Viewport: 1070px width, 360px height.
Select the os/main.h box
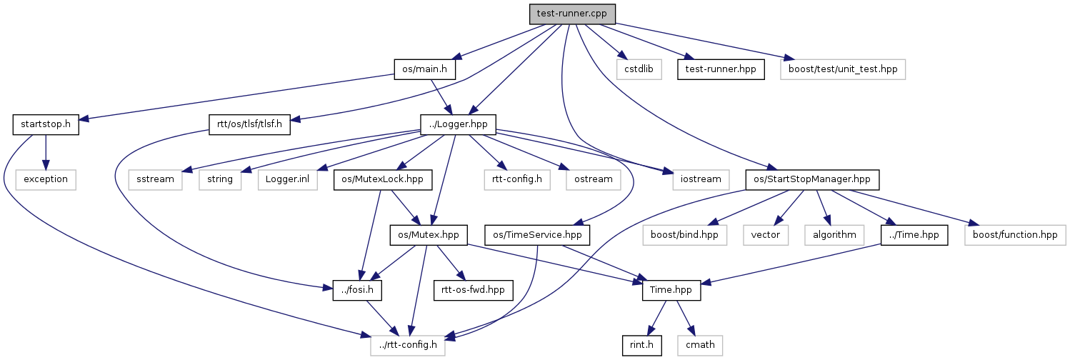coord(424,69)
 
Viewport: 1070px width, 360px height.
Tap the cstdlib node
coord(639,69)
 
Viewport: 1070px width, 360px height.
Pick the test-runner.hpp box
coord(721,69)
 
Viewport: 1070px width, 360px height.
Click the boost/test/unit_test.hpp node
coord(843,69)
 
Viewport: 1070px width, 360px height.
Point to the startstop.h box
coord(45,125)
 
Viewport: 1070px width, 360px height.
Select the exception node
coord(45,179)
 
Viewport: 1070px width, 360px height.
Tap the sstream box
coord(155,179)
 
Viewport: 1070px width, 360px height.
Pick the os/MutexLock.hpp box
coord(383,179)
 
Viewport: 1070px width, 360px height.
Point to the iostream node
coord(696,179)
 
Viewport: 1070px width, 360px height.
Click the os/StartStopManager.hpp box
coord(812,179)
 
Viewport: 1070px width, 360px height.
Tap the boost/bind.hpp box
coord(684,234)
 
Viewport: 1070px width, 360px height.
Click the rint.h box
coord(641,345)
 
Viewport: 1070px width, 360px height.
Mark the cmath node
coord(700,345)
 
